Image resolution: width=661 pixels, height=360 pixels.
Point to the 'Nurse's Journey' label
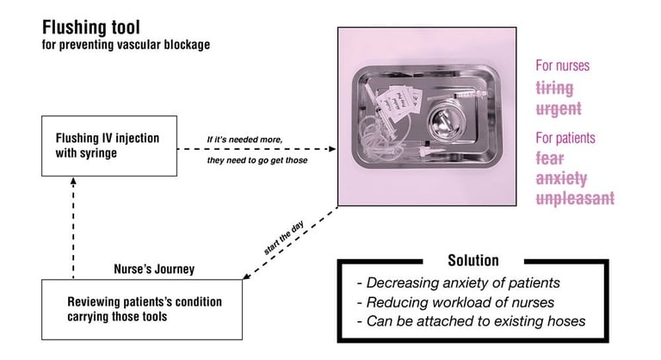point(154,270)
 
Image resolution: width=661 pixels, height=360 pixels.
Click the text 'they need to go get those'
point(257,161)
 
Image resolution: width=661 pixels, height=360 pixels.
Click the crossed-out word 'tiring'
point(554,88)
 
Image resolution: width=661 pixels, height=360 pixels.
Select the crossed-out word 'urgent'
point(559,109)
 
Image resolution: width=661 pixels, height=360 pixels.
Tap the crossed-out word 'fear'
point(551,158)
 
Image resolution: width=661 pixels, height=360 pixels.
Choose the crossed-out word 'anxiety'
point(561,179)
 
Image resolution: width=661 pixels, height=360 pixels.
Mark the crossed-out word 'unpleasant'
point(575,199)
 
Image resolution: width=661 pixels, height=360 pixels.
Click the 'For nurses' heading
point(564,65)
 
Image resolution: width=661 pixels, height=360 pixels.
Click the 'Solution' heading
point(473,260)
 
